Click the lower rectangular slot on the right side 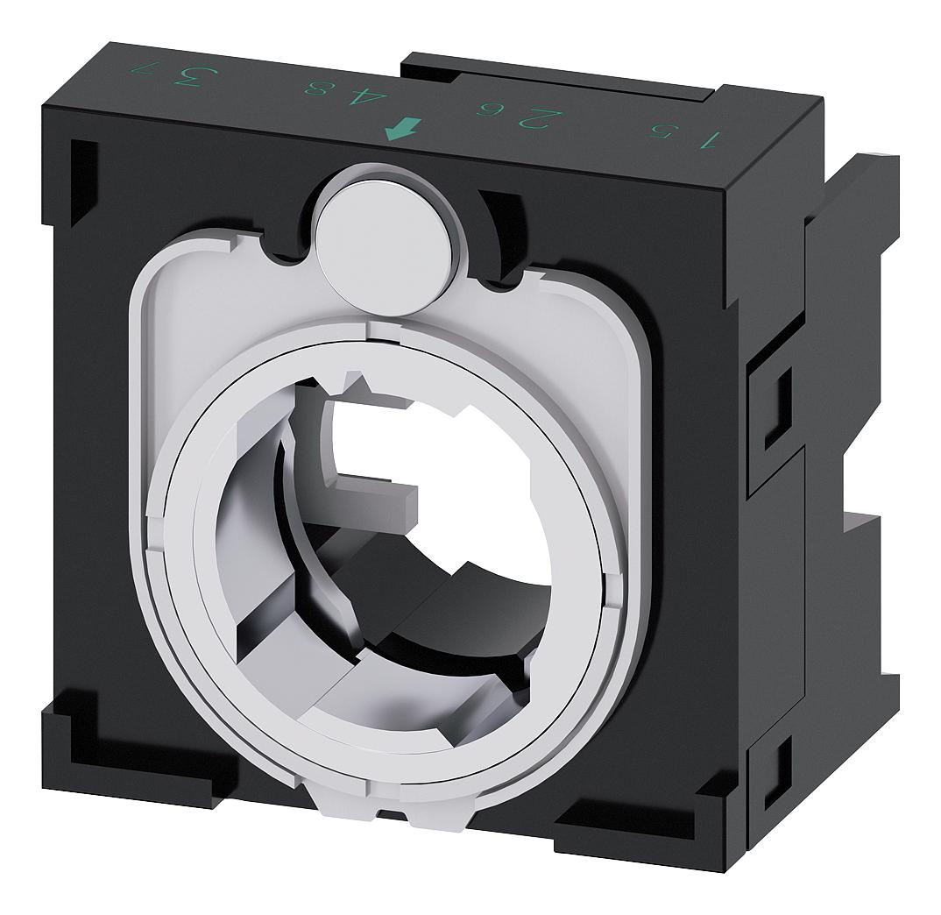coord(777,772)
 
